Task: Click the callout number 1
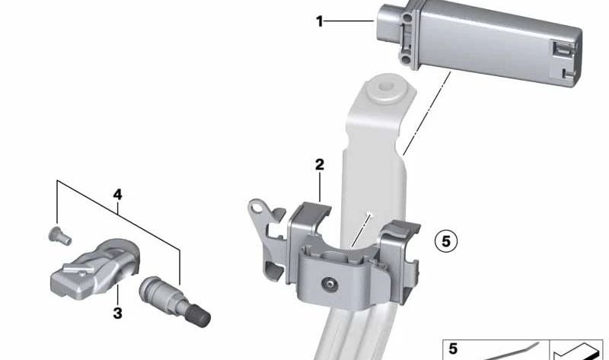coord(320,22)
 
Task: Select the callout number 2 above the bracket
coord(320,164)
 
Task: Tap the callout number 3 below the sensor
coord(118,312)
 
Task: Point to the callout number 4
coord(117,195)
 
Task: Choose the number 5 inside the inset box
coord(454,349)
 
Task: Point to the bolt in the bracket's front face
coord(330,285)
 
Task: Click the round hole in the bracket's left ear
coord(259,205)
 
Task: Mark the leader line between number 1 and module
coord(350,22)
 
